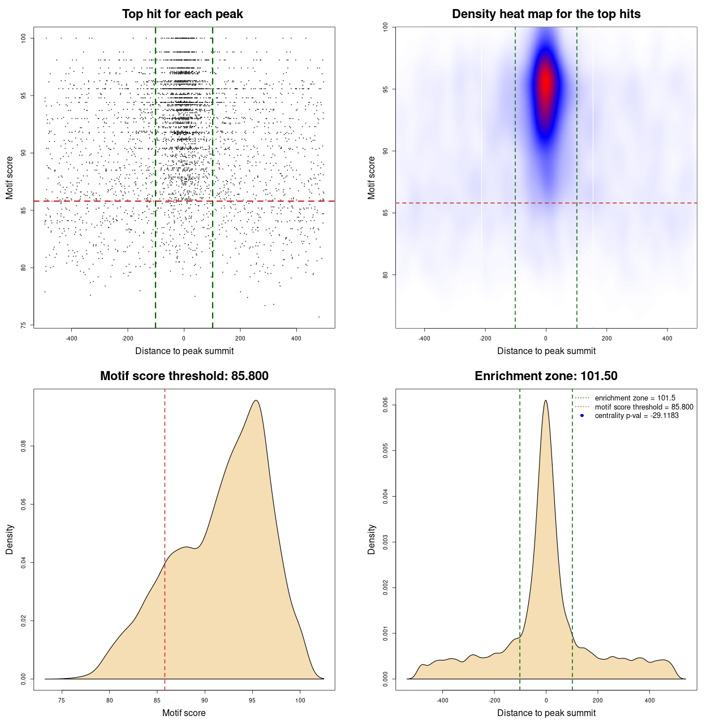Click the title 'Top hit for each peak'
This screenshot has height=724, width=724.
pos(182,14)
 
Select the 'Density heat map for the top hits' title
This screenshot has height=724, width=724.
pos(546,14)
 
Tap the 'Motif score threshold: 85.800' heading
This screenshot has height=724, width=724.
pos(184,376)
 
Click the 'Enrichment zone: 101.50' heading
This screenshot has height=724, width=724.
pos(546,376)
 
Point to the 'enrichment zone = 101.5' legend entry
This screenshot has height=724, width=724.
pos(635,398)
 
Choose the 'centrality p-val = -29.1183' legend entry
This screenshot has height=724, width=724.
pos(636,416)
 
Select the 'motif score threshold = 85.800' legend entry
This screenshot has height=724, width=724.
pos(644,407)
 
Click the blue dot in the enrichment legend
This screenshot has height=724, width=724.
pos(582,416)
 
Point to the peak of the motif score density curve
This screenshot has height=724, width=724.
pos(256,400)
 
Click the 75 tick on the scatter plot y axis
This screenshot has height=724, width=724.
pos(23,325)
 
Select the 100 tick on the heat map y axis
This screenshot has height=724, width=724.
pos(385,27)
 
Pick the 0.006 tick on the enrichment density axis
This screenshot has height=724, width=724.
pos(385,405)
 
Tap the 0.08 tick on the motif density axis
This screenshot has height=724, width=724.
pos(23,446)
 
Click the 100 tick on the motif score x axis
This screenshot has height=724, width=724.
pos(300,700)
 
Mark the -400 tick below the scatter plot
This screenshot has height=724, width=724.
pos(71,338)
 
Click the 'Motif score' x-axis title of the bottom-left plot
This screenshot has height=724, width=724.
pos(184,713)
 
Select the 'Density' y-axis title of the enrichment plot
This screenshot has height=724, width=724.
pos(372,539)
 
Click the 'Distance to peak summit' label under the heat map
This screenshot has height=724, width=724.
pos(546,351)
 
